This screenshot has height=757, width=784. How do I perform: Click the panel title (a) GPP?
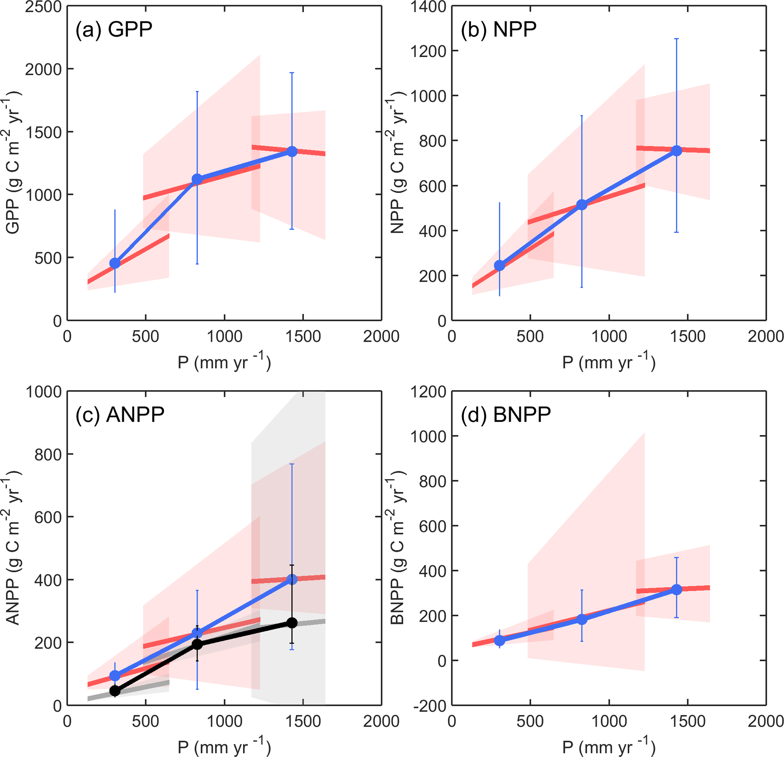tap(114, 30)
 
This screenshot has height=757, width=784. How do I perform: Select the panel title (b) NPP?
tap(498, 30)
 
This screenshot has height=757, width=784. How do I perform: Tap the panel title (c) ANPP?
tap(120, 415)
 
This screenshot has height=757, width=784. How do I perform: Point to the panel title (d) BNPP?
tap(506, 415)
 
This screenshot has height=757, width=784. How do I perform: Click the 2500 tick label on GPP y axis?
tap(43, 7)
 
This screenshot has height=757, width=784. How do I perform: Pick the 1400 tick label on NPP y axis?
tap(428, 7)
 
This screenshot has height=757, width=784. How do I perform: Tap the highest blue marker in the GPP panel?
tap(292, 152)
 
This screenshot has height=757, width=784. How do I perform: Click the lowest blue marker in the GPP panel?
tap(115, 263)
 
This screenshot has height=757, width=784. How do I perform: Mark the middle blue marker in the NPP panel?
tap(581, 205)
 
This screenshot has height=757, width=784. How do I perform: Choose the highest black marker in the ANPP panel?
tap(292, 623)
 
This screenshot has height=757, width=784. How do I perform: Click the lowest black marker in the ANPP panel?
tap(115, 691)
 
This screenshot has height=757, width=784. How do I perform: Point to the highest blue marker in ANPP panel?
tap(292, 579)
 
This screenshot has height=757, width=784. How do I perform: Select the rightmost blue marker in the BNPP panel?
tap(676, 590)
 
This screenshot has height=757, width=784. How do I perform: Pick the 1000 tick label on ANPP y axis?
tap(43, 392)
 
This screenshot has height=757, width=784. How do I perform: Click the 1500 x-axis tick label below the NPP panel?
tap(688, 337)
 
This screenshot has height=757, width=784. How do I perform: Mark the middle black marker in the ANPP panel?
tap(197, 644)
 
